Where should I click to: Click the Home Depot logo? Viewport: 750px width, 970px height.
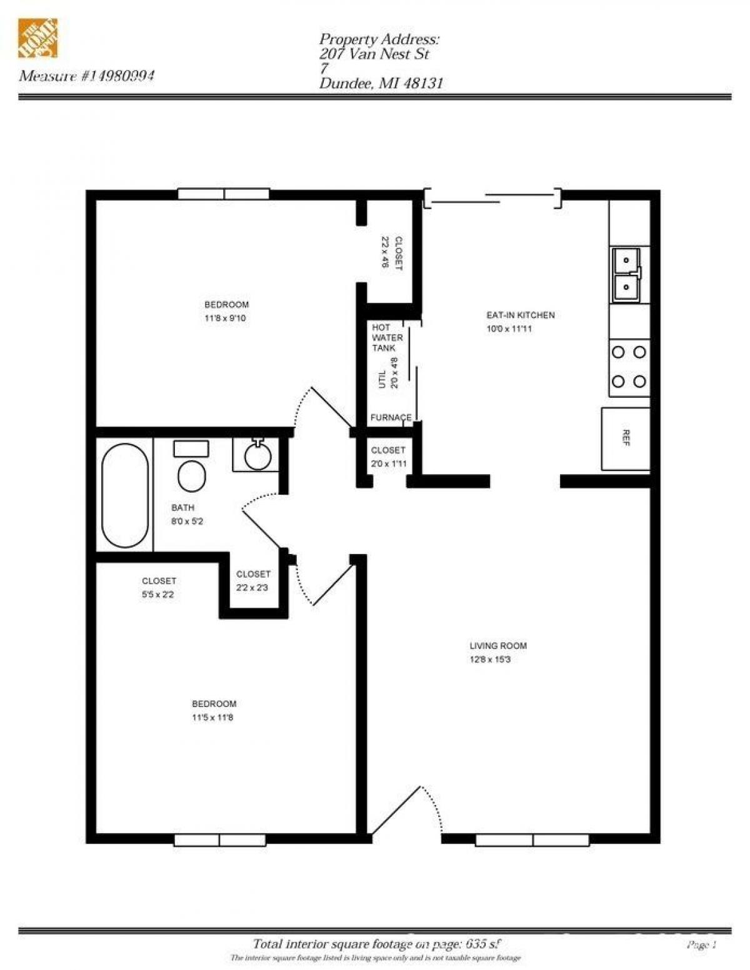pyautogui.click(x=37, y=39)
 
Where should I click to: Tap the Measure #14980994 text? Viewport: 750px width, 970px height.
pyautogui.click(x=87, y=76)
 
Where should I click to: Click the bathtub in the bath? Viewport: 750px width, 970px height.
pyautogui.click(x=125, y=495)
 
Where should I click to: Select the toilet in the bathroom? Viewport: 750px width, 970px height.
pyautogui.click(x=191, y=476)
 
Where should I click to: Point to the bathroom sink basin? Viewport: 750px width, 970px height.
pyautogui.click(x=257, y=455)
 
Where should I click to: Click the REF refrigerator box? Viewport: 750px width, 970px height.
pyautogui.click(x=626, y=438)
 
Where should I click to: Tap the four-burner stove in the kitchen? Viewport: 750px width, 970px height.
pyautogui.click(x=629, y=367)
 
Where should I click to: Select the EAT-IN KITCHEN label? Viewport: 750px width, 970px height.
pyautogui.click(x=520, y=315)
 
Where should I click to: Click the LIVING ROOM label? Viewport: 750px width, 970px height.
pyautogui.click(x=497, y=646)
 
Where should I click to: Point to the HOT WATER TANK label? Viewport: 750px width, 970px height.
pyautogui.click(x=387, y=337)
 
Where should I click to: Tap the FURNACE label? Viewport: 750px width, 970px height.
pyautogui.click(x=391, y=417)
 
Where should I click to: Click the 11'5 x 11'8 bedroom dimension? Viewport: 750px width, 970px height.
pyautogui.click(x=212, y=718)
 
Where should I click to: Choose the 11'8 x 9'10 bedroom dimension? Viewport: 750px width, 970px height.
pyautogui.click(x=226, y=318)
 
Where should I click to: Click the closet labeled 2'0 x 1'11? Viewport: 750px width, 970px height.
pyautogui.click(x=387, y=457)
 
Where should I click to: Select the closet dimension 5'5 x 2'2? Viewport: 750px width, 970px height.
pyautogui.click(x=158, y=595)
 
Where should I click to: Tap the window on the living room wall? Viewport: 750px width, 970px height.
pyautogui.click(x=532, y=840)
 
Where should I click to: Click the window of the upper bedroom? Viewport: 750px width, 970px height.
pyautogui.click(x=223, y=194)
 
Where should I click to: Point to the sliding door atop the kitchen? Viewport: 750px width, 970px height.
pyautogui.click(x=492, y=198)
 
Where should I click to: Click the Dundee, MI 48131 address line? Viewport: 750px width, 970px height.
pyautogui.click(x=381, y=84)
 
